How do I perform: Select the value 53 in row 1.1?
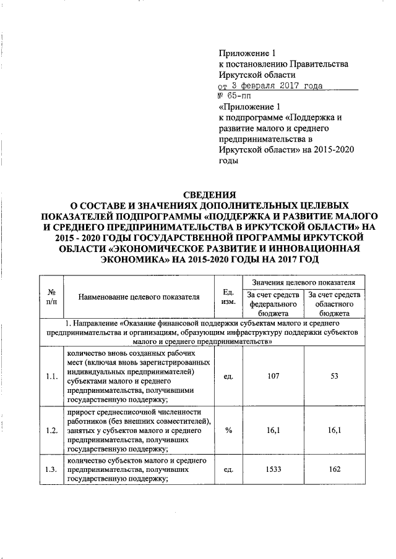(x=335, y=376)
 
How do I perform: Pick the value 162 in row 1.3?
(x=335, y=469)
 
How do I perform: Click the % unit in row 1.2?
(x=228, y=431)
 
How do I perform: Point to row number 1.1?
(x=51, y=376)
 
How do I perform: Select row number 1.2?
(x=51, y=431)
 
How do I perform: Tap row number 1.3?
(x=51, y=469)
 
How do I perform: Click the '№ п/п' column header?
(x=51, y=296)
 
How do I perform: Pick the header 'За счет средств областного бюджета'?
(x=335, y=304)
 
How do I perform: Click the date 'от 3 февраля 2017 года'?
(x=270, y=85)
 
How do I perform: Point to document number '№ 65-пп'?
(x=235, y=96)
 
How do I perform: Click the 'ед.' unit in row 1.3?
(x=228, y=469)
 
